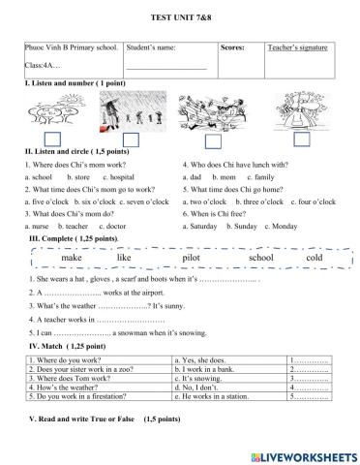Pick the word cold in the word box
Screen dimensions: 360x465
coord(313,260)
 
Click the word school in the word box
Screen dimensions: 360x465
coord(261,260)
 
